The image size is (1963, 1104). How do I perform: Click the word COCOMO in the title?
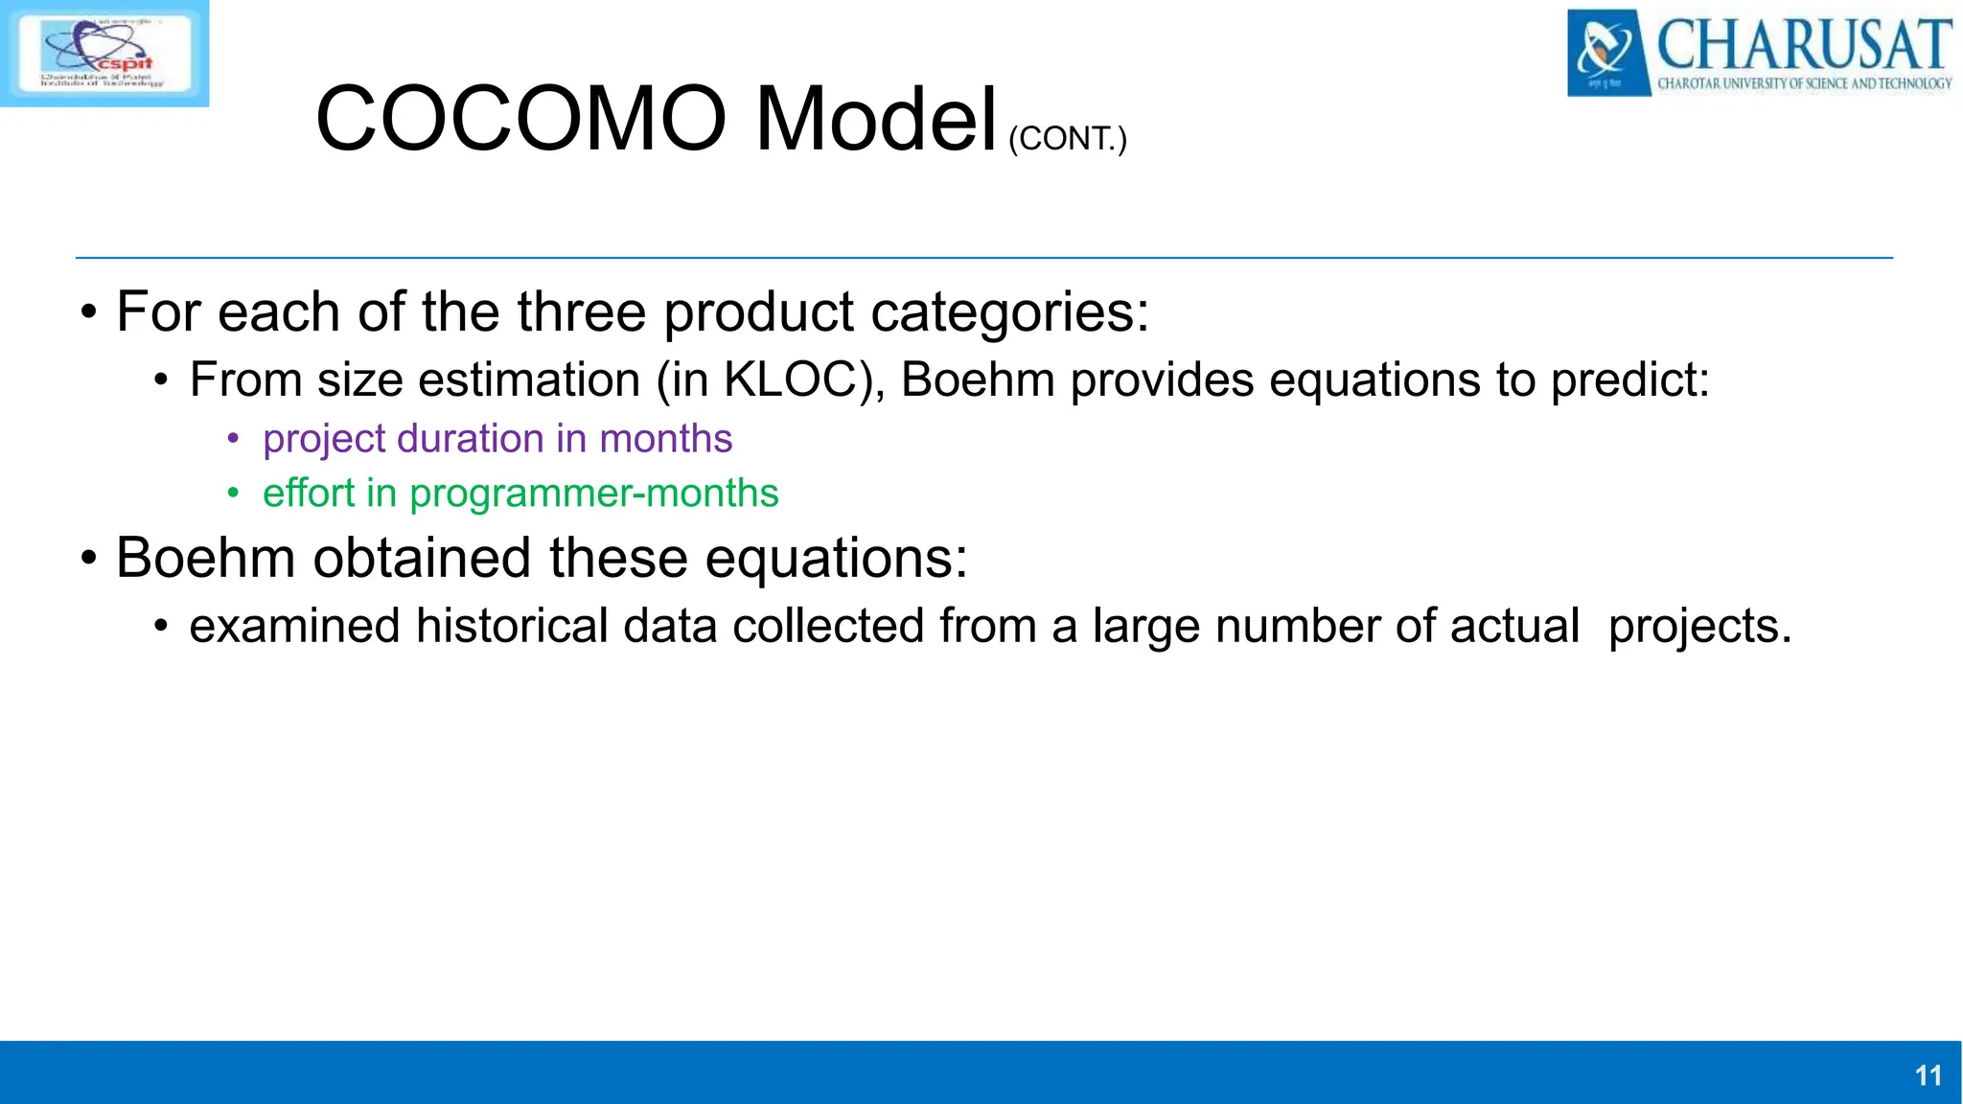click(520, 119)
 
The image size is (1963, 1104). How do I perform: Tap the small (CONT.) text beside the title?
click(1067, 139)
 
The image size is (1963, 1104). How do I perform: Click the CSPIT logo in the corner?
click(104, 53)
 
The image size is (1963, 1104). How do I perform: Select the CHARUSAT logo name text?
click(1803, 44)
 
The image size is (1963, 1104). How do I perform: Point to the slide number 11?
click(1928, 1075)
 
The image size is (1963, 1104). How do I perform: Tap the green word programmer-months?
click(593, 494)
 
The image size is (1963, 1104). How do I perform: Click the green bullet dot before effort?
click(233, 494)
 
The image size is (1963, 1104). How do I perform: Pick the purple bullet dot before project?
click(233, 440)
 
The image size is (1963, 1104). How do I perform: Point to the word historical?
click(512, 626)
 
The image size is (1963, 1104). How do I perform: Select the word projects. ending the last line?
click(1699, 626)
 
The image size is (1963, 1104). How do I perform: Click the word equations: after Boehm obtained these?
click(837, 558)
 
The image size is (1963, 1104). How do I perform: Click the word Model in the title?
click(876, 119)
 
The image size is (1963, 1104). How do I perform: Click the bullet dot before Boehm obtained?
click(88, 559)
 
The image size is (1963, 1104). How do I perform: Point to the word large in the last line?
click(1145, 626)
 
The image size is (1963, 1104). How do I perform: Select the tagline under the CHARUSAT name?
click(1804, 84)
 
